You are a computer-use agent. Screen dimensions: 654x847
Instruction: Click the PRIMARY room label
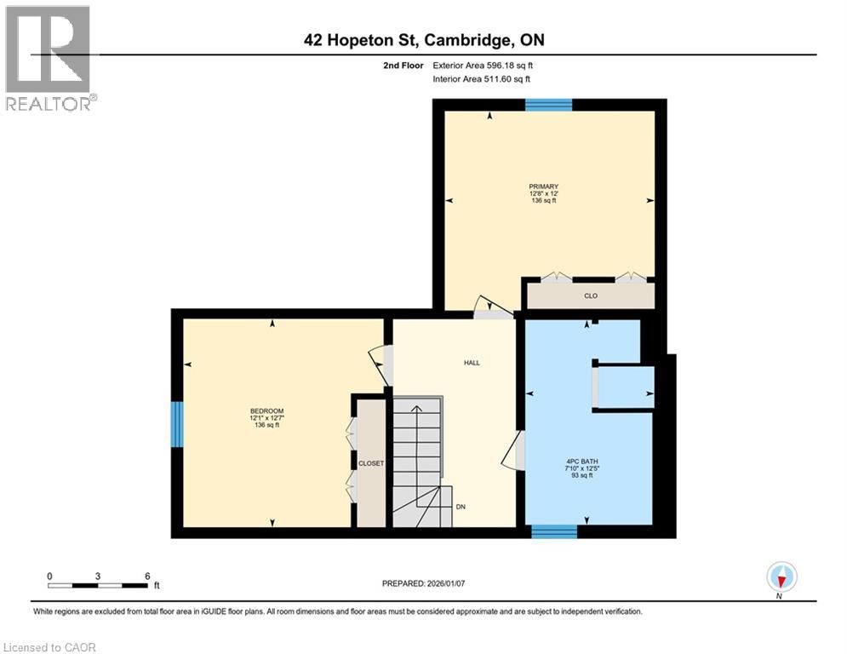click(x=542, y=186)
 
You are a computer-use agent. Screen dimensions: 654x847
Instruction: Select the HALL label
click(x=472, y=363)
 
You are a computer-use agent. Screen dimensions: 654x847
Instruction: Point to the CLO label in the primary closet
click(x=591, y=296)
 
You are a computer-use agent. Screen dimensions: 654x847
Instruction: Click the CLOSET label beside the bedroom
click(x=371, y=463)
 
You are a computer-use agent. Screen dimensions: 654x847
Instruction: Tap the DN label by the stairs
click(x=460, y=507)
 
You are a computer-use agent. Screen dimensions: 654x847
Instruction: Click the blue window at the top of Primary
click(x=548, y=105)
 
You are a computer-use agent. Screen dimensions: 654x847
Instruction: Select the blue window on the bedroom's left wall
click(x=177, y=424)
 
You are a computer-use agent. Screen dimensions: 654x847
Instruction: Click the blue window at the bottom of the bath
click(x=554, y=532)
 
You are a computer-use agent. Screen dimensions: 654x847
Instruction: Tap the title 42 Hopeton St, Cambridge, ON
click(x=422, y=39)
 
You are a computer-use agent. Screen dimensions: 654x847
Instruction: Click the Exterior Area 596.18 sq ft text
click(x=483, y=65)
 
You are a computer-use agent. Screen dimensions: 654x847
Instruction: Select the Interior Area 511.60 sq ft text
click(x=482, y=78)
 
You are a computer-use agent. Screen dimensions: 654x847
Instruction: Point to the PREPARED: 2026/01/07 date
click(x=424, y=583)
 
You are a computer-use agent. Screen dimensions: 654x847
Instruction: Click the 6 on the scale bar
click(x=147, y=576)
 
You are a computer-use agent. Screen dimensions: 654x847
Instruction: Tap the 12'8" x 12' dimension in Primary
click(x=542, y=193)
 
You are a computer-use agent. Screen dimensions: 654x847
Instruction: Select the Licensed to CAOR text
click(x=49, y=647)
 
